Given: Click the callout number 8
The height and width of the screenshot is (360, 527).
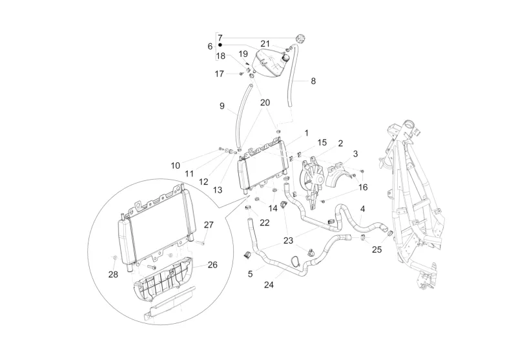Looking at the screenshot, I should (313, 81).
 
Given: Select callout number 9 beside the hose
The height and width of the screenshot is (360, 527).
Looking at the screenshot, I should (222, 106).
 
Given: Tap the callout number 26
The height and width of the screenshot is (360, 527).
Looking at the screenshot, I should (212, 264).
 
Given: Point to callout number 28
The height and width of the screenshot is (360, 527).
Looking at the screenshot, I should (114, 275).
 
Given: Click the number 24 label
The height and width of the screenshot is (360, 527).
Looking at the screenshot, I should (269, 283).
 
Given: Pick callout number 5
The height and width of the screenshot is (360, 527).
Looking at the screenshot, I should (250, 273).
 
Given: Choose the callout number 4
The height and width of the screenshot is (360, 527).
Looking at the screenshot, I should (362, 209).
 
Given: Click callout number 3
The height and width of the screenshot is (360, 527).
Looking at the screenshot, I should (355, 154).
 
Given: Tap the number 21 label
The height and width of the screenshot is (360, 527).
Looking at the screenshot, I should (265, 43).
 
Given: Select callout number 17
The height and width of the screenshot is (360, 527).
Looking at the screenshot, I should (220, 74).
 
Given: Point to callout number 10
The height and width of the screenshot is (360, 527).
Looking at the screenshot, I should (176, 165).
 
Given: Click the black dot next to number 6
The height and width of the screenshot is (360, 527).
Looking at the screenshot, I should (220, 47).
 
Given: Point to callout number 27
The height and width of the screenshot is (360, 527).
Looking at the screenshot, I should (209, 225).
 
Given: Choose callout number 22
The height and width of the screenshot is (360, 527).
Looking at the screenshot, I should (265, 222).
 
